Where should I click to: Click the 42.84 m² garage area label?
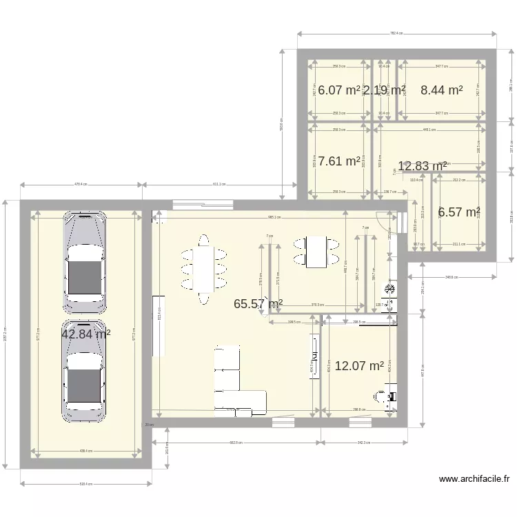86,334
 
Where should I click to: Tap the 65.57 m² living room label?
258,303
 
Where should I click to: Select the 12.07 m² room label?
358,366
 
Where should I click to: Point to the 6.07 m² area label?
338,90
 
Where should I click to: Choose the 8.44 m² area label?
441,90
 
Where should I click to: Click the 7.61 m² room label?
338,161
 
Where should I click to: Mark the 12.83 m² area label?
423,165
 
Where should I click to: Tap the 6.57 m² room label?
458,212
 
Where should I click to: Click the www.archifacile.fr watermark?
474,478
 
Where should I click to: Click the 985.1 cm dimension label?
274,218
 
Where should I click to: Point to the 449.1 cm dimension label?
429,130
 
